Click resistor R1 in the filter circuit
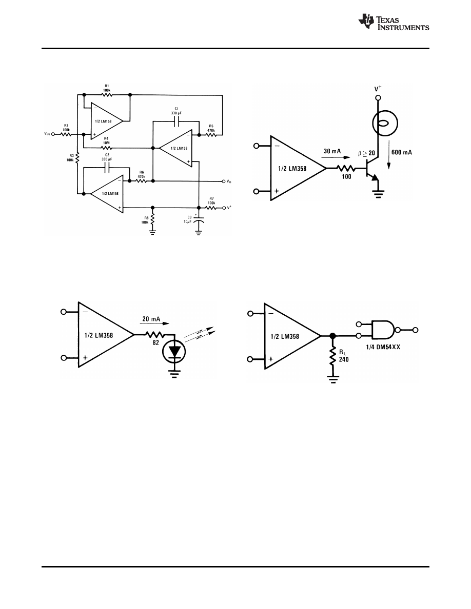107,95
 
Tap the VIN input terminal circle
53,134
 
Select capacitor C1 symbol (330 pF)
175,122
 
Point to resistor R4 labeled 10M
107,148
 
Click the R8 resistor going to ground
152,219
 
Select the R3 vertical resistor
77,158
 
